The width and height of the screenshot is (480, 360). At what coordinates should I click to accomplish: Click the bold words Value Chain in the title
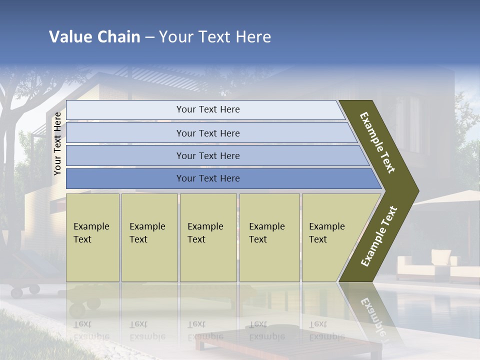pos(94,37)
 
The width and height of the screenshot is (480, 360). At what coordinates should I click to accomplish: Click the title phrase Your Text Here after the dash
pos(215,37)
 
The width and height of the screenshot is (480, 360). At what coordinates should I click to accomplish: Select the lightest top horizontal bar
pos(207,109)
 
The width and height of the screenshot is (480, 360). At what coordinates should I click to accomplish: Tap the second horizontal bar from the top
pos(207,133)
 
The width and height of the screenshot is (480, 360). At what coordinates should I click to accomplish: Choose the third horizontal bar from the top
pos(207,155)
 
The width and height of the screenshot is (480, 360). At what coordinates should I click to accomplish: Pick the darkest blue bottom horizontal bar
pos(207,178)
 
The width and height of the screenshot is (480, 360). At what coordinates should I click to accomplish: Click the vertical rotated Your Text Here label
pos(57,143)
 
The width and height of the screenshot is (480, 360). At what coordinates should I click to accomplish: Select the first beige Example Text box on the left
pos(92,237)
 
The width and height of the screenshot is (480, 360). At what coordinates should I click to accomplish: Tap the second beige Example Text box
pos(149,237)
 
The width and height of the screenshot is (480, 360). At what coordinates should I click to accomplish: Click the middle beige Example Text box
pos(208,237)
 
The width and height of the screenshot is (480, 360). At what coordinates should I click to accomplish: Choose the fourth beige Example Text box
pos(269,237)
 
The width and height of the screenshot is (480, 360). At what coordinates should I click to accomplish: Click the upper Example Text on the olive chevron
pos(377,142)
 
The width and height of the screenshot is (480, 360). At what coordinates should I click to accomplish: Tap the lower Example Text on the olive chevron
pos(378,236)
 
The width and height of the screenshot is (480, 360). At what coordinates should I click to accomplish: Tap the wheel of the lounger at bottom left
pos(34,289)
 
